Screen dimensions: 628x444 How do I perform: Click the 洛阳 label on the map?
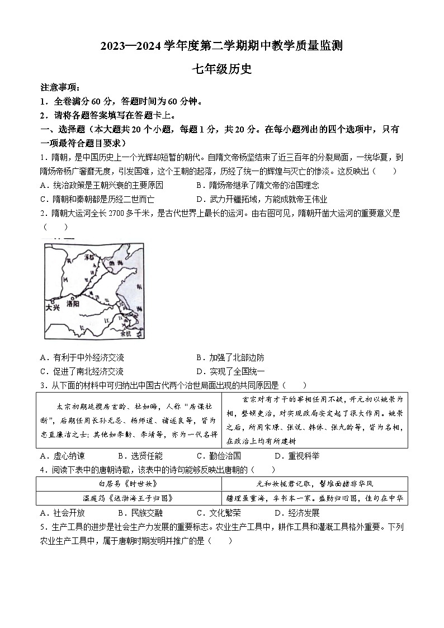[73, 304]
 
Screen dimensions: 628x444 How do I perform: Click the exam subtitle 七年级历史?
[222, 69]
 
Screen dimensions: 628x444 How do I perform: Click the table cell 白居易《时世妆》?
[129, 484]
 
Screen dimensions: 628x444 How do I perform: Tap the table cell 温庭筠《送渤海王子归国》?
[129, 498]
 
